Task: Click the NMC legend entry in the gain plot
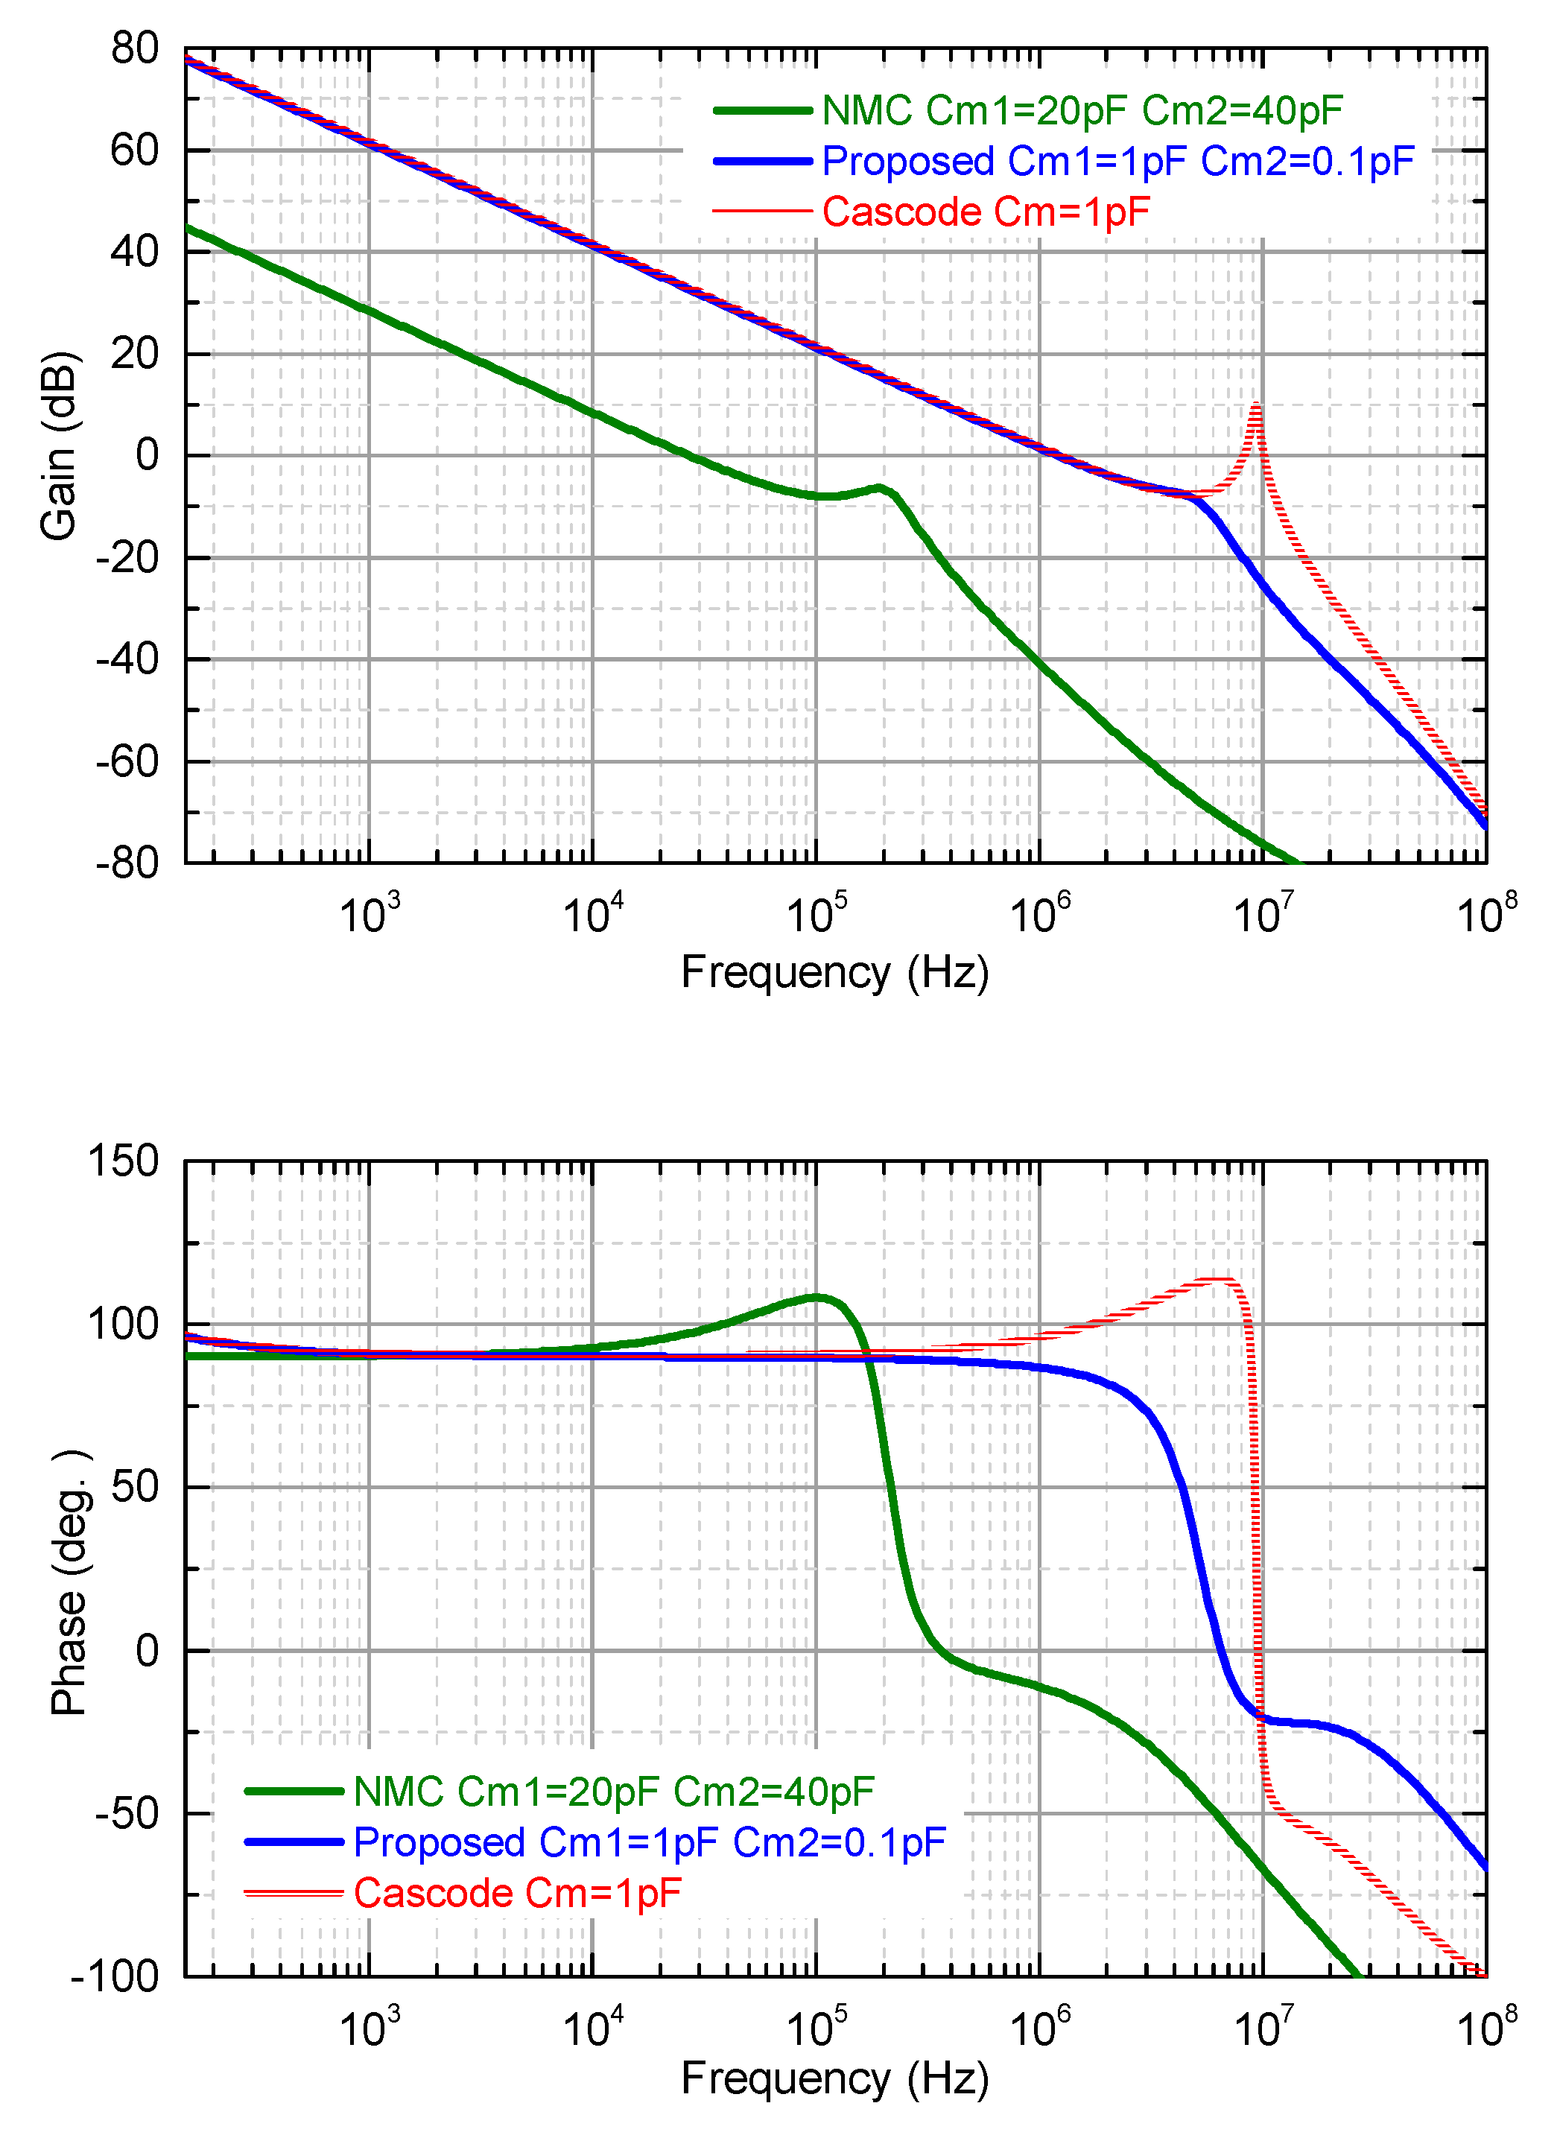pos(1081,110)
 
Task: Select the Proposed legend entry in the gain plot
pos(1117,162)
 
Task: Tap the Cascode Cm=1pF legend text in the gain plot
pos(985,212)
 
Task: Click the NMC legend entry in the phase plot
pos(614,1791)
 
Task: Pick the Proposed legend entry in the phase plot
pos(649,1842)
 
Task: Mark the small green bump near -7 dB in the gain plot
pos(879,487)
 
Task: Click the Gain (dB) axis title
pos(59,445)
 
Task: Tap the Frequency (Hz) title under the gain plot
pos(834,972)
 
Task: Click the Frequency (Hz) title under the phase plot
pos(834,2078)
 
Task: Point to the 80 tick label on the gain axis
pos(134,48)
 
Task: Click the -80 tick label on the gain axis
pos(127,863)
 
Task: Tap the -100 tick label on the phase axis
pos(115,1977)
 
